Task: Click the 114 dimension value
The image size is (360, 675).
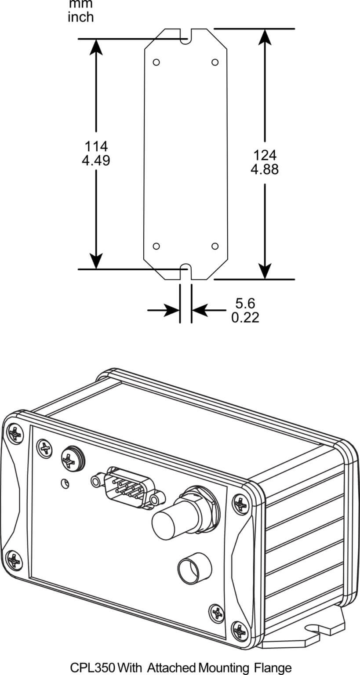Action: point(95,146)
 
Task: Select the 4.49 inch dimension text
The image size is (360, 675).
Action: point(95,161)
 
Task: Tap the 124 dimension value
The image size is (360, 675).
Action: point(265,155)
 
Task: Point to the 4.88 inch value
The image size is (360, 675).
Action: point(265,170)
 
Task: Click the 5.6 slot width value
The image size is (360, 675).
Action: point(245,303)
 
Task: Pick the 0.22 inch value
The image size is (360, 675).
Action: point(245,317)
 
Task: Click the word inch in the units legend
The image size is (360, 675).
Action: point(81,17)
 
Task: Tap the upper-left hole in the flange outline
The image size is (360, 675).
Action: point(156,62)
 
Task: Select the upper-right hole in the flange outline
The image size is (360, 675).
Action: point(215,62)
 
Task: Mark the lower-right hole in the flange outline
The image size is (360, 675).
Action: point(215,246)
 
